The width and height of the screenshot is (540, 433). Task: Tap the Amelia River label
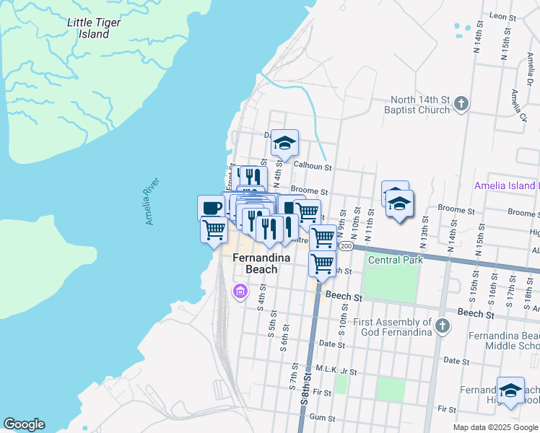[151, 206]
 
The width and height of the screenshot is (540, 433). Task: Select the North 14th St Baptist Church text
[419, 105]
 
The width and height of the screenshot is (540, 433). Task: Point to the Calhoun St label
[312, 167]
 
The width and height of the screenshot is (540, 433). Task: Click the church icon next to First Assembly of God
[443, 327]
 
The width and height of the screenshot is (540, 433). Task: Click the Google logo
[24, 424]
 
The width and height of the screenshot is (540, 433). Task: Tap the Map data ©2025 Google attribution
[495, 427]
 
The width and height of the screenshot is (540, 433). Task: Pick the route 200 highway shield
[346, 246]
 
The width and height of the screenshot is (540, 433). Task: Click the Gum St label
[322, 418]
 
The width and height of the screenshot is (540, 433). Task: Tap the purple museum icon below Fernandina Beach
[240, 292]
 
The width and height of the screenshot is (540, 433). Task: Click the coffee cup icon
[211, 208]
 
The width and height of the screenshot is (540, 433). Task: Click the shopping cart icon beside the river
[214, 230]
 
